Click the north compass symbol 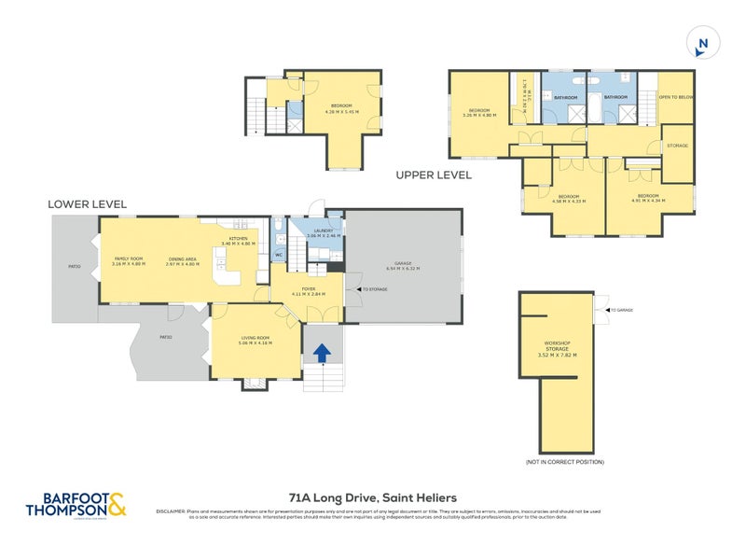(x=702, y=43)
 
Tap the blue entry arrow (x=320, y=354)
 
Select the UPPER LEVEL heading (x=434, y=175)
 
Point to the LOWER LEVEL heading (x=88, y=203)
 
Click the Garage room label (x=403, y=266)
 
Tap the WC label (x=279, y=255)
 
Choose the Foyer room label (x=307, y=290)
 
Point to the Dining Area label (x=182, y=261)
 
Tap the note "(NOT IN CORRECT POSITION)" (x=564, y=462)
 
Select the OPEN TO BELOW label (x=676, y=97)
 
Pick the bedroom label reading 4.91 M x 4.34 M (x=647, y=198)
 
